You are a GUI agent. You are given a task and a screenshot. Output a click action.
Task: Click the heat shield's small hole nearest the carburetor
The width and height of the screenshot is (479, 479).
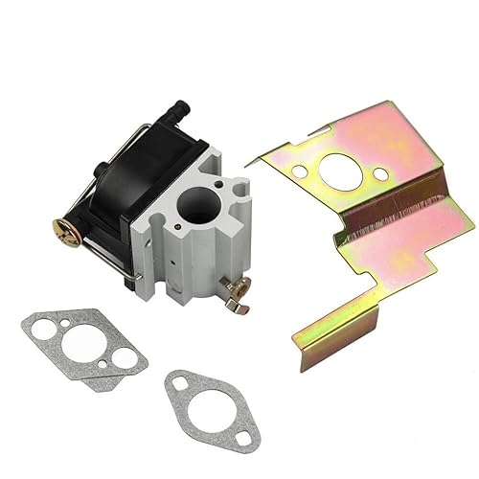300,172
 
